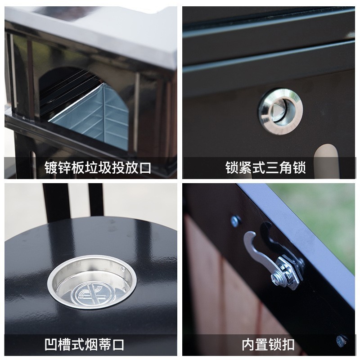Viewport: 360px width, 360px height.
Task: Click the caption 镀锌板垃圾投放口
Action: [x=98, y=168]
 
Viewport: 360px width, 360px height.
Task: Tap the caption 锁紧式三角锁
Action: [x=265, y=168]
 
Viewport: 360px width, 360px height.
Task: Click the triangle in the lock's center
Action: [x=279, y=110]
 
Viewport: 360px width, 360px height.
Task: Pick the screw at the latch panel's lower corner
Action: [x=341, y=341]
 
